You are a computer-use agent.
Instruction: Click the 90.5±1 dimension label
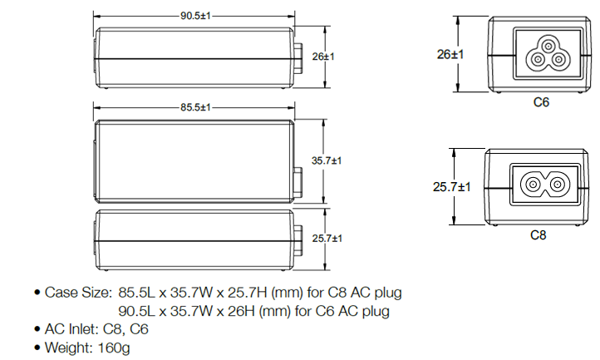click(194, 15)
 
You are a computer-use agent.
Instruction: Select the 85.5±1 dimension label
click(194, 107)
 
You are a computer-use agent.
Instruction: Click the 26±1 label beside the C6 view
click(450, 54)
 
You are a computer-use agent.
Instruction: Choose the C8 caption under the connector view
click(539, 235)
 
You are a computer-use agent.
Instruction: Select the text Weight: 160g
click(87, 348)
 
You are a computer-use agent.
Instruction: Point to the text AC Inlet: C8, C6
click(97, 329)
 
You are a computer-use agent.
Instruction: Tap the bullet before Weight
click(37, 348)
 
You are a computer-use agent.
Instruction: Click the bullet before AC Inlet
click(37, 330)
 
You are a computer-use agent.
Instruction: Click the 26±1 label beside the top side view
click(322, 56)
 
